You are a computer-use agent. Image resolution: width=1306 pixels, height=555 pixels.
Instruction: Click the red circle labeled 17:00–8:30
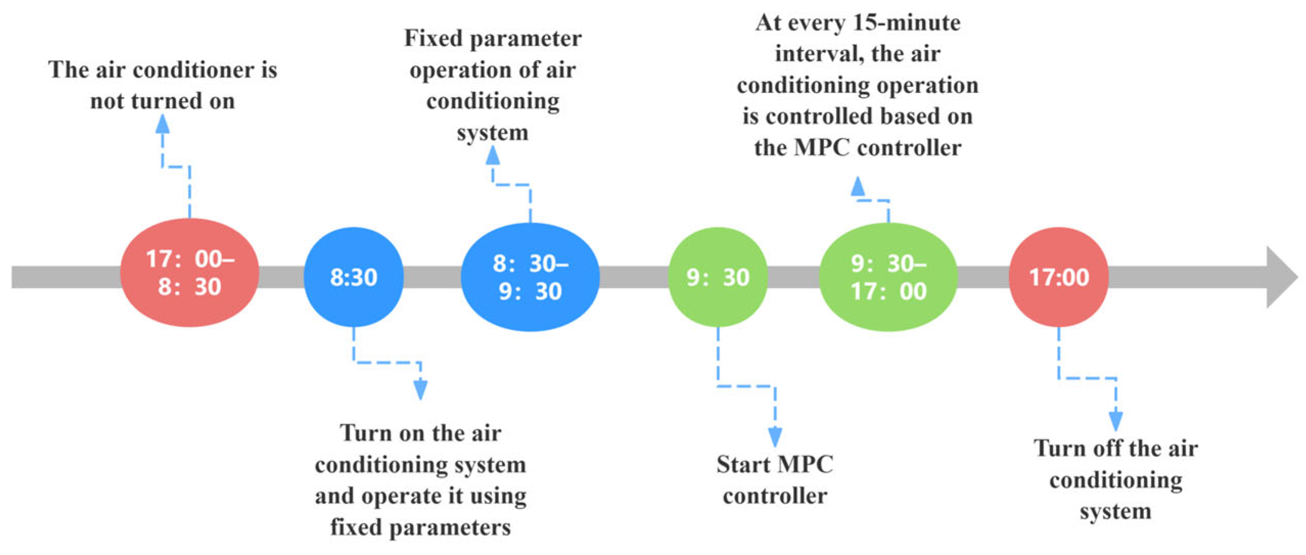click(x=189, y=273)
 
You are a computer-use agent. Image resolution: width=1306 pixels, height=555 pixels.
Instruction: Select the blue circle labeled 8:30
click(x=353, y=277)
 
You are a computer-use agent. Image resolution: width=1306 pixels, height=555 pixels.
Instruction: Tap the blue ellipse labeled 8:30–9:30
click(x=530, y=277)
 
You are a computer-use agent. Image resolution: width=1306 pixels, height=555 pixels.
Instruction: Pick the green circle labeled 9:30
click(x=717, y=277)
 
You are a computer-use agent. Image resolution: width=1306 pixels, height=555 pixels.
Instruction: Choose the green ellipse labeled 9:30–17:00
click(x=888, y=277)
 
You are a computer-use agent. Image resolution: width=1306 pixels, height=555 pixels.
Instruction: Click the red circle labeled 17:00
click(x=1058, y=277)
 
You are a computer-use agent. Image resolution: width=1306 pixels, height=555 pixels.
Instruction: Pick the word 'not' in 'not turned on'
click(x=109, y=101)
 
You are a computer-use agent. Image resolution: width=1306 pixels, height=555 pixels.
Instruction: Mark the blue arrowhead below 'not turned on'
click(x=162, y=124)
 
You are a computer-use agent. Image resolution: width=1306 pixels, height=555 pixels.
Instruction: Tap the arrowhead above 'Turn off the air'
click(x=1115, y=421)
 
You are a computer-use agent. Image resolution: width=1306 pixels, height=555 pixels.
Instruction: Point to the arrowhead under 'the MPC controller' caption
click(x=858, y=186)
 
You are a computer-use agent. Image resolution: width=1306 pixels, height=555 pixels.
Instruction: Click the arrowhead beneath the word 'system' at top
click(x=493, y=155)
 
